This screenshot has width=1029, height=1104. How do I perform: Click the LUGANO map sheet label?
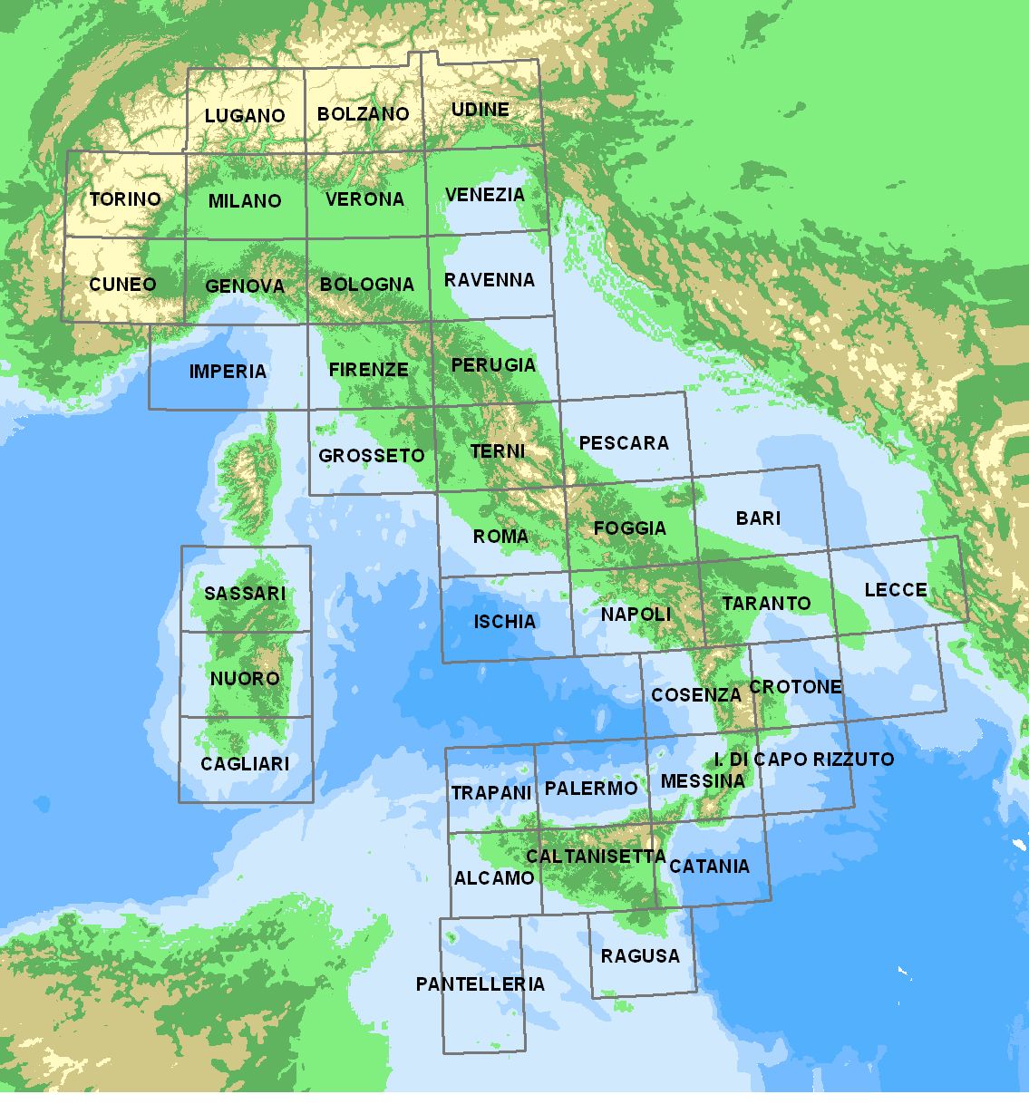pyautogui.click(x=245, y=116)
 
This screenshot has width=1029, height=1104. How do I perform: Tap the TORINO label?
pyautogui.click(x=125, y=199)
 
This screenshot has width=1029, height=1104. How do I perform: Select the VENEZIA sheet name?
pyautogui.click(x=485, y=195)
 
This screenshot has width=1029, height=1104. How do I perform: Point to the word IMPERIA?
pyautogui.click(x=228, y=371)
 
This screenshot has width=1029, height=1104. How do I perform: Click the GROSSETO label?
pyautogui.click(x=372, y=455)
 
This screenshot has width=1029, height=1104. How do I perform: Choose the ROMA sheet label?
pyautogui.click(x=500, y=537)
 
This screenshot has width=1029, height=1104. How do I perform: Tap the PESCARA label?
pyautogui.click(x=624, y=442)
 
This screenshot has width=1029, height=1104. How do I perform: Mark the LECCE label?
pyautogui.click(x=896, y=590)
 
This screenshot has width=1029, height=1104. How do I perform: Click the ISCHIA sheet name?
pyautogui.click(x=505, y=622)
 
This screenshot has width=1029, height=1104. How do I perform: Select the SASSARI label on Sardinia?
pyautogui.click(x=245, y=594)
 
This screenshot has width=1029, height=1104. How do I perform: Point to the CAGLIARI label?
pyautogui.click(x=245, y=764)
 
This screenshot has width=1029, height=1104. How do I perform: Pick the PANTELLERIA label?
pyautogui.click(x=481, y=984)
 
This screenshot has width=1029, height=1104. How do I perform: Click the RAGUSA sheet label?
pyautogui.click(x=640, y=955)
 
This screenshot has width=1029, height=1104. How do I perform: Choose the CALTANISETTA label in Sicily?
pyautogui.click(x=596, y=857)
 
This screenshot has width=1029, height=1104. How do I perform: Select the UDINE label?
pyautogui.click(x=481, y=110)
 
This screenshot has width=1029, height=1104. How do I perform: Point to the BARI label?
pyautogui.click(x=758, y=518)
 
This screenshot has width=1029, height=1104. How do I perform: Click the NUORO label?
pyautogui.click(x=245, y=679)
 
